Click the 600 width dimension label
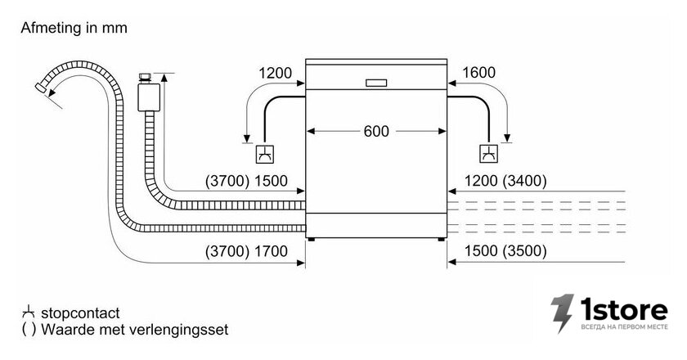[376, 131]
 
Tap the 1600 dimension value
[479, 72]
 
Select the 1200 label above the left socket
[275, 73]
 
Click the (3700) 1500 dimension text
[246, 181]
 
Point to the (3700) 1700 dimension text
[246, 251]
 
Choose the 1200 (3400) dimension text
[505, 181]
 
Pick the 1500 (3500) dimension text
[505, 251]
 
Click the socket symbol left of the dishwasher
[266, 154]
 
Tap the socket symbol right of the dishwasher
[488, 154]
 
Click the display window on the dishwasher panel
[376, 83]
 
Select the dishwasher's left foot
[311, 240]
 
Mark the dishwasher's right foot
[441, 240]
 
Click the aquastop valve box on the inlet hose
[149, 97]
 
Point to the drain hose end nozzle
[41, 88]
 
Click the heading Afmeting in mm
[74, 28]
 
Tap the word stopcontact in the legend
[80, 313]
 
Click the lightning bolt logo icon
[563, 313]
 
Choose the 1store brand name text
[624, 309]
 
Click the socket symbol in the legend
[29, 312]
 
